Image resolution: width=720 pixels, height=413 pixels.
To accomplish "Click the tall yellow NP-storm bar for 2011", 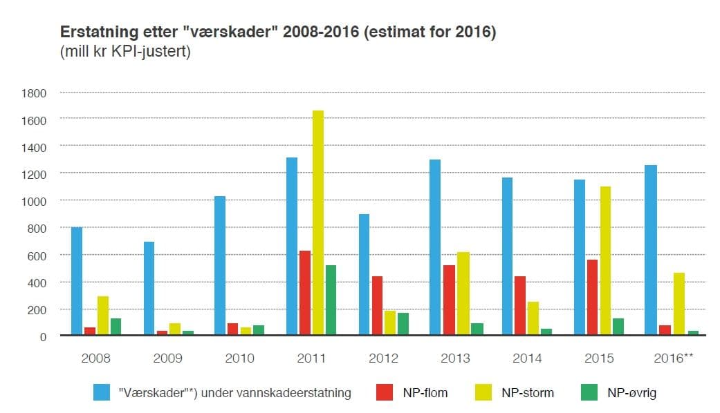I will coord(317,222).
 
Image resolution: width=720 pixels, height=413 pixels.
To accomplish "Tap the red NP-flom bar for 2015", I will coord(591,297).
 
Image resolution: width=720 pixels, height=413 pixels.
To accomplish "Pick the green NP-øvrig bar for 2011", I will coord(331,300).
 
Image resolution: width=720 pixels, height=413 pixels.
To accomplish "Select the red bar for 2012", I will coord(377,305).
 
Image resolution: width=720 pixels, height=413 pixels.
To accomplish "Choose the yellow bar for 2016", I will coord(679,304).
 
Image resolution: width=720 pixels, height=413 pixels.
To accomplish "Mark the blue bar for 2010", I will coord(220,266).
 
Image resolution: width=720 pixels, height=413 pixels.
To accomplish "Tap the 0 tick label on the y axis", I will coord(43,336).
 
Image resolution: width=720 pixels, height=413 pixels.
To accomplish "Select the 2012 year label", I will coord(383,358).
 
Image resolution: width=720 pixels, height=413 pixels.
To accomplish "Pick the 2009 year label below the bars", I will coord(167,358).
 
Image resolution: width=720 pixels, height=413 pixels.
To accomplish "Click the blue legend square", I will coord(102,392).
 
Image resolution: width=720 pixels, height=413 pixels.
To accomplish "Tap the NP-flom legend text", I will coord(425,393).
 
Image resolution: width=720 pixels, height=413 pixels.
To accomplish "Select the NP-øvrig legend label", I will coord(631,393).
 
